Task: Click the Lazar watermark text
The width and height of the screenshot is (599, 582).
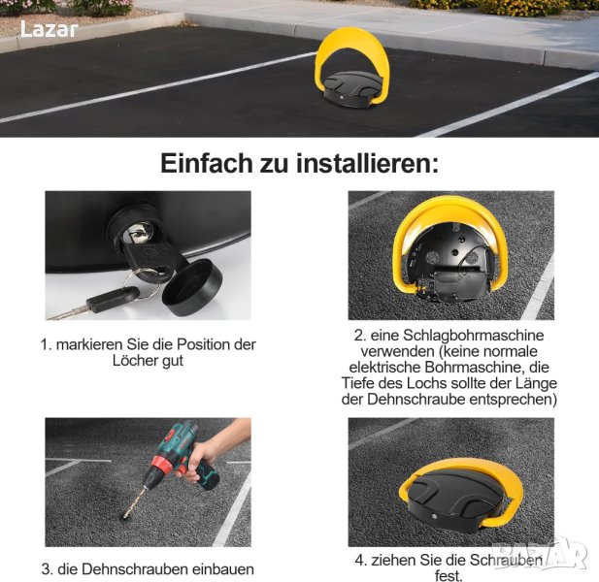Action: [49, 29]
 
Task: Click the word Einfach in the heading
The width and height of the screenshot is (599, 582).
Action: [207, 163]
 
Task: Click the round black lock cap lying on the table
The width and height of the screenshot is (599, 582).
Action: [192, 287]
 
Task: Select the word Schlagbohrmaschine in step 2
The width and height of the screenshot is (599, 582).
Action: [474, 336]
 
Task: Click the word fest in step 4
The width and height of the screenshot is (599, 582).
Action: [448, 575]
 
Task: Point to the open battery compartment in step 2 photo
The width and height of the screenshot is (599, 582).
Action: [459, 282]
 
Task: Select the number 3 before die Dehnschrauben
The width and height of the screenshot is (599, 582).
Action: [46, 569]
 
